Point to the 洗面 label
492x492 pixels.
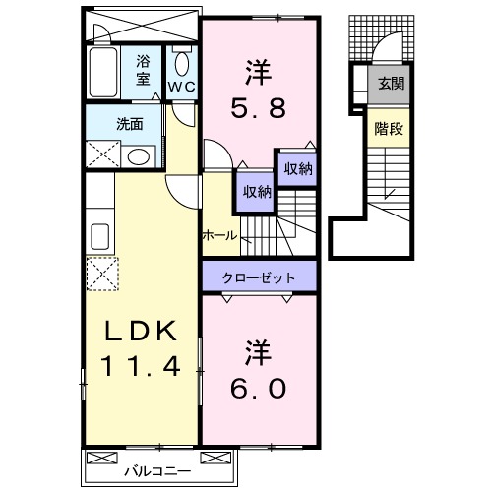(128, 125)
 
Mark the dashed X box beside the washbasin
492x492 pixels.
(101, 155)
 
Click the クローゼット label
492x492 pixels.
(261, 277)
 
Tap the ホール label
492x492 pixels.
(218, 235)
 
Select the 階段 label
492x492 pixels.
(387, 127)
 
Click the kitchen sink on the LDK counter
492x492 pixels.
(100, 237)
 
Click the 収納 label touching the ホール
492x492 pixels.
(252, 192)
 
